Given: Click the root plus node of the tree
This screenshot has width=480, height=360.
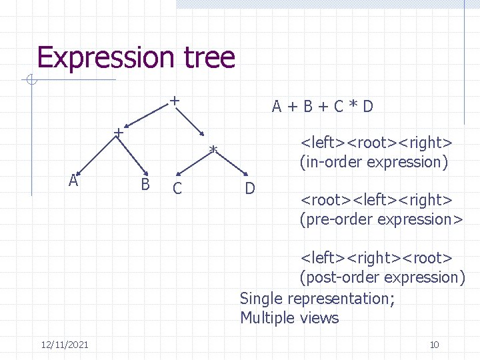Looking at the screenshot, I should tap(173, 101).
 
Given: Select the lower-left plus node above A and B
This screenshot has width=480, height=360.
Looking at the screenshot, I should tap(117, 132).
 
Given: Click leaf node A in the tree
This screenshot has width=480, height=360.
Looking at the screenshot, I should tap(73, 180).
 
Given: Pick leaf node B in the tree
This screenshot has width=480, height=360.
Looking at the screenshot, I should tap(145, 183).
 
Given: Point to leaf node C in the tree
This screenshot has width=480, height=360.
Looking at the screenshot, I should tap(177, 189).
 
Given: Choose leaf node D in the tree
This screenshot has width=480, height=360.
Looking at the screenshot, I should tap(250, 188).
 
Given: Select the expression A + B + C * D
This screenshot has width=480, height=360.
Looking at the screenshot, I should tap(322, 106).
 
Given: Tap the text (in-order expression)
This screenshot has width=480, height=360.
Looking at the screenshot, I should tap(374, 162).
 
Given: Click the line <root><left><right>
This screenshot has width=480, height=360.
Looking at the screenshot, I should tap(377, 200).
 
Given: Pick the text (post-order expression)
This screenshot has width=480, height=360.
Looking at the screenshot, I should tap(382, 277).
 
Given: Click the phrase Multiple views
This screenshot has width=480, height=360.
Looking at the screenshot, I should tap(289, 318).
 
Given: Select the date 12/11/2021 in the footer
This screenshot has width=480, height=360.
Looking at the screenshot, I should tap(65, 344).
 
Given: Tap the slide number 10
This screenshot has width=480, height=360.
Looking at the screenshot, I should tap(434, 344).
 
